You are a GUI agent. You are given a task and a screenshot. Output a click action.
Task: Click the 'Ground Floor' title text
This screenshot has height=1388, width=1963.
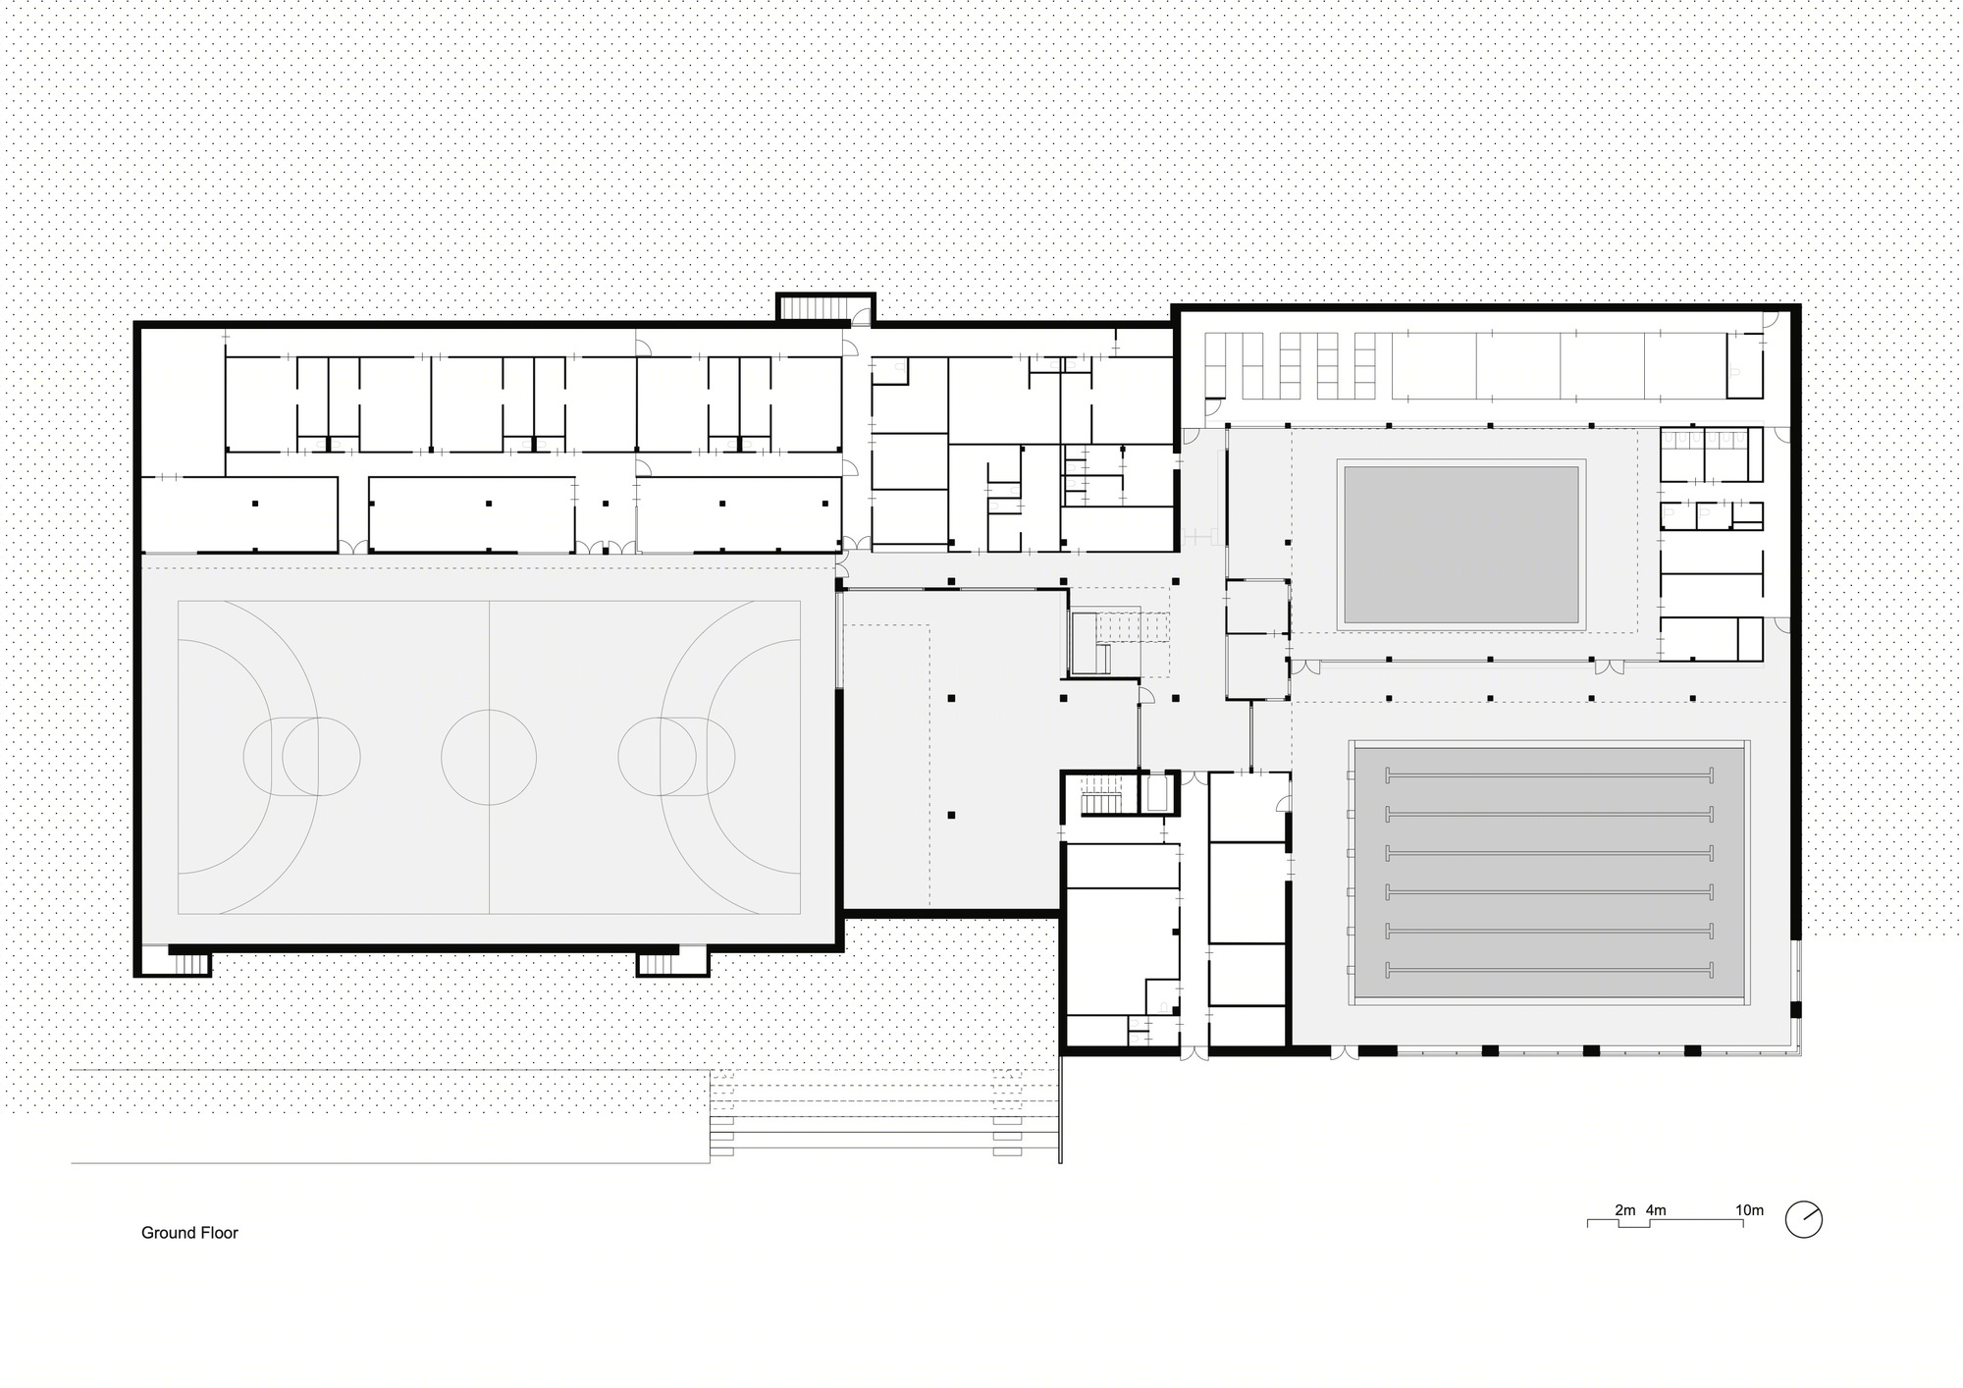tap(189, 1233)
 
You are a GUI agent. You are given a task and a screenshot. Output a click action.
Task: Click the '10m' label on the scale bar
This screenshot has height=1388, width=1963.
tap(1749, 1210)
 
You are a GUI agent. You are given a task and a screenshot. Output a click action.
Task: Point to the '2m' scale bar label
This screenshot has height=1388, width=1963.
tap(1625, 1210)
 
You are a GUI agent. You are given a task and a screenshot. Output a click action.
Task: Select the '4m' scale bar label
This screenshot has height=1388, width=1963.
tap(1656, 1210)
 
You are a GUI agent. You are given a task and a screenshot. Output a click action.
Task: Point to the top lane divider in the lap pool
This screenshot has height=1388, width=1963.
tap(1549, 775)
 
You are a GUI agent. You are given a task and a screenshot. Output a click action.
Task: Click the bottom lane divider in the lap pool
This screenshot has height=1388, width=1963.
tap(1549, 970)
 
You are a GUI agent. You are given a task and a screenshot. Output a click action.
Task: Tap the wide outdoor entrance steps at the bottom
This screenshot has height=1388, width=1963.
tap(883, 1117)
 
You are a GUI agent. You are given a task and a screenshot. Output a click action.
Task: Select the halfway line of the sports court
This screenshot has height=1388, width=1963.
tap(489, 757)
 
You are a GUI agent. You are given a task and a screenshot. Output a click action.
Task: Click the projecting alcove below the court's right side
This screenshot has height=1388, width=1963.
tap(672, 962)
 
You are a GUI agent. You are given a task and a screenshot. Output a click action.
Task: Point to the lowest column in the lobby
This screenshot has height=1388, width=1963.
tap(950, 815)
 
